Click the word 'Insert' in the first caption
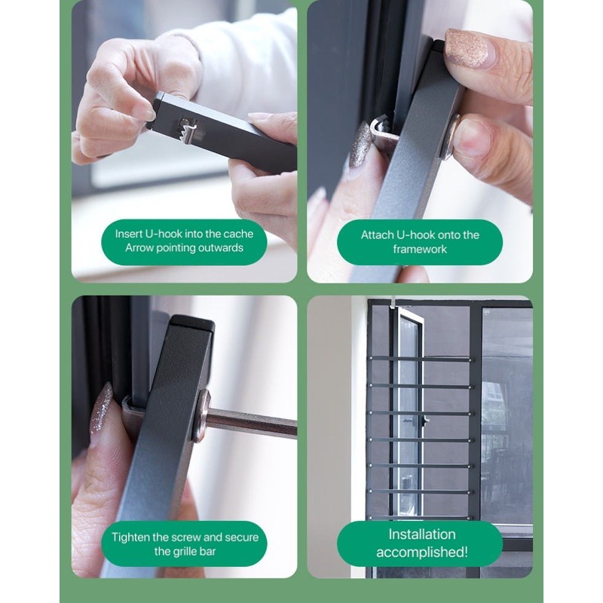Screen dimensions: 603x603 128,234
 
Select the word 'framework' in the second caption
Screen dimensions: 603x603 420,249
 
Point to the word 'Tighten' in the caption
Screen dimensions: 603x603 130,537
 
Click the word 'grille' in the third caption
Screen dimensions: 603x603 182,552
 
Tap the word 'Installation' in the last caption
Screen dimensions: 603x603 422,534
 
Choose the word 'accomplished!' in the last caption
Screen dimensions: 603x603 422,552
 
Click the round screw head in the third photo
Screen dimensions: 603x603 201,416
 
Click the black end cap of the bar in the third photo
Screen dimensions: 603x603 192,323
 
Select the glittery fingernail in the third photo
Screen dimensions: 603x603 101,409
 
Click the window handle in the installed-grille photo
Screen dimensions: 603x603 424,421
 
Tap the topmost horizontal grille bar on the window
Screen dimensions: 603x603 421,360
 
